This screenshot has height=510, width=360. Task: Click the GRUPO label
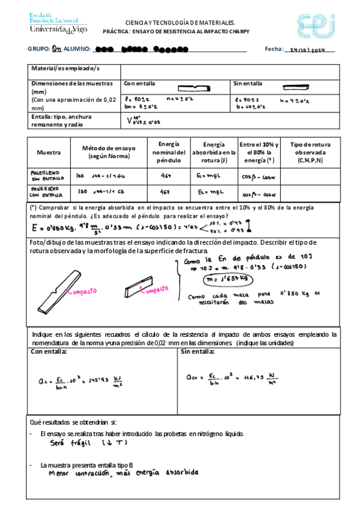pyautogui.click(x=38, y=49)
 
